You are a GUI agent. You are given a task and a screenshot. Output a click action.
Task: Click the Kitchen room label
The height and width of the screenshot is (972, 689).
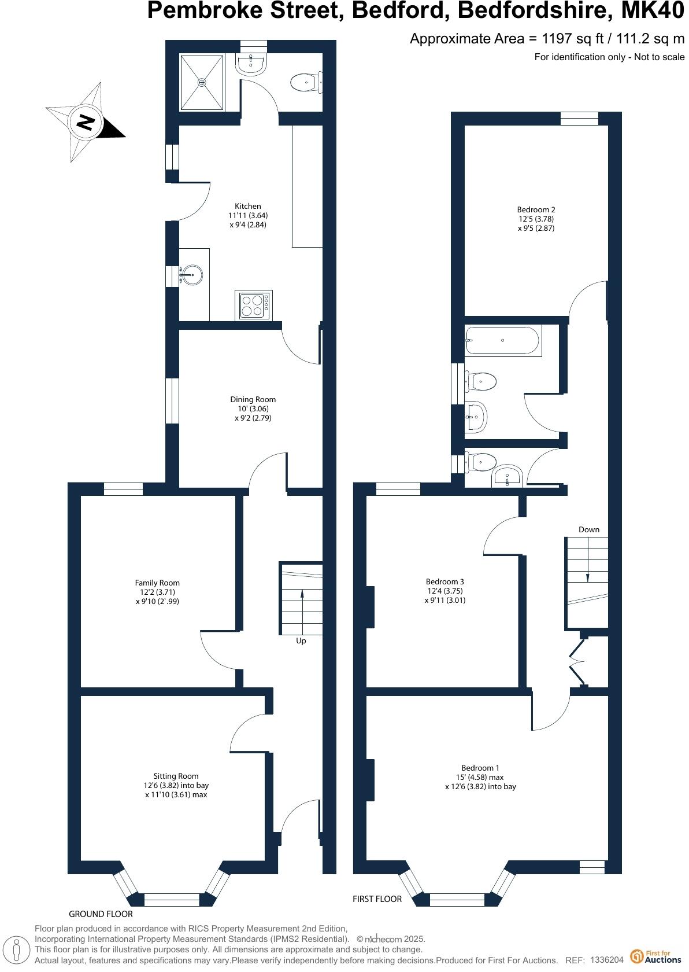(x=247, y=207)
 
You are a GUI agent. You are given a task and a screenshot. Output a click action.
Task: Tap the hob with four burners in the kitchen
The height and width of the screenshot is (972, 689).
(x=253, y=305)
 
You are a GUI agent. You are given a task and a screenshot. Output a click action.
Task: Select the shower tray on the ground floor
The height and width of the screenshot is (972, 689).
(x=202, y=82)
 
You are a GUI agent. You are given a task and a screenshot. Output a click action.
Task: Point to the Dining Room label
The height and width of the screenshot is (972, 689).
(x=253, y=400)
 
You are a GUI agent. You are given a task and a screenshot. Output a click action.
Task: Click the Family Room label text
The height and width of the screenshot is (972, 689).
(x=157, y=583)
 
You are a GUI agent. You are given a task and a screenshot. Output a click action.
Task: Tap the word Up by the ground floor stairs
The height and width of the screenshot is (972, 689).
(x=301, y=641)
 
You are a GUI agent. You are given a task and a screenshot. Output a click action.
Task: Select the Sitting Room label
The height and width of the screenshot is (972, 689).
(x=176, y=776)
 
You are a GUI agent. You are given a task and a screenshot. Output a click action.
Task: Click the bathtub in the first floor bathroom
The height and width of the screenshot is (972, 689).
(x=502, y=341)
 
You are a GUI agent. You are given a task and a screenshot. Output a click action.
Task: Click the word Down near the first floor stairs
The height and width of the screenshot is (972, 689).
(x=588, y=530)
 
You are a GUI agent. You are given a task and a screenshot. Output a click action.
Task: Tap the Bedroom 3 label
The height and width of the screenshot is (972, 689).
(x=444, y=582)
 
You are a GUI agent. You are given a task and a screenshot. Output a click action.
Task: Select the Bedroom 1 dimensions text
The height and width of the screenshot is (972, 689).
(x=480, y=782)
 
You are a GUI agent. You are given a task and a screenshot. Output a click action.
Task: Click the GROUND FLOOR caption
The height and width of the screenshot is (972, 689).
(x=101, y=914)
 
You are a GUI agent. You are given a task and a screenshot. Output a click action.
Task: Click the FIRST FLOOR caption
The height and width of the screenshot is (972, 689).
(x=377, y=899)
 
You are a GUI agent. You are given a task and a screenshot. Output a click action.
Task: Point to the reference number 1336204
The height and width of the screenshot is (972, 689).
(x=606, y=960)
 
